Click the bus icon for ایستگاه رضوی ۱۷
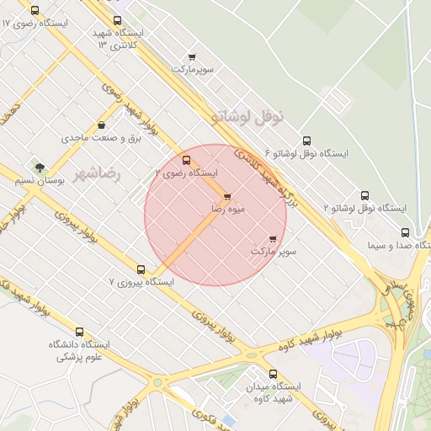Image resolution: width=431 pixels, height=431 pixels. [35, 11]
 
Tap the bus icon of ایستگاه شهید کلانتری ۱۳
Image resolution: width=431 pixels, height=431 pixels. [117, 21]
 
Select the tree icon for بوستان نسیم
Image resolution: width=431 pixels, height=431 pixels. [40, 168]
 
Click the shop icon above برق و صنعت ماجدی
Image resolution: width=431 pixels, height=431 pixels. [102, 125]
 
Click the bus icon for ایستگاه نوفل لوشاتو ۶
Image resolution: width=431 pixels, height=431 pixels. [306, 141]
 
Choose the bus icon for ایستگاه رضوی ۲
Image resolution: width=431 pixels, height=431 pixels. [186, 160]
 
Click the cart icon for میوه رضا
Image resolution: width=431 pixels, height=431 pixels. [228, 196]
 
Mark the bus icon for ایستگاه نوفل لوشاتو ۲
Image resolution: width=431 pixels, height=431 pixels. [364, 195]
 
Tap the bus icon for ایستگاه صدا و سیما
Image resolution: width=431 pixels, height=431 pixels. [405, 233]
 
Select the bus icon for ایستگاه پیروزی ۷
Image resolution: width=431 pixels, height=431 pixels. [141, 270]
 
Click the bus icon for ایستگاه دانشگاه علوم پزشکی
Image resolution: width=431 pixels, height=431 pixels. [80, 332]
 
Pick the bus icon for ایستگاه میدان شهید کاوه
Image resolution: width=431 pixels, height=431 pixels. [272, 374]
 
